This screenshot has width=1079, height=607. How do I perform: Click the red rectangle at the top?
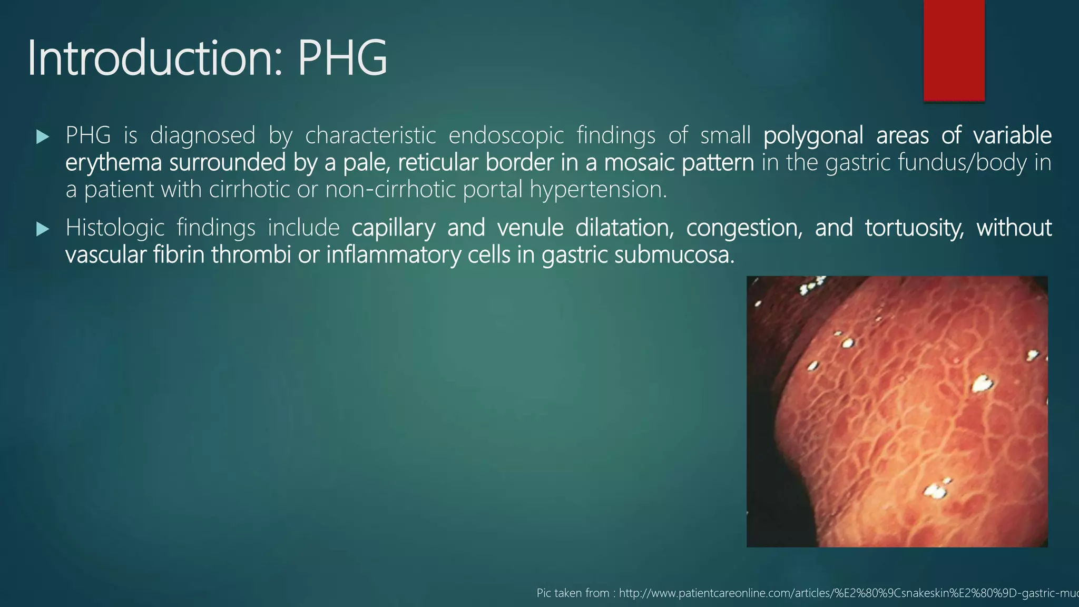point(954,51)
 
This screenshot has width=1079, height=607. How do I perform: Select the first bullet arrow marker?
point(43,138)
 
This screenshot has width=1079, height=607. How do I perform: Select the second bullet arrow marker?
point(43,229)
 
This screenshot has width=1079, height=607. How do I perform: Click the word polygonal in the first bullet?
point(813,136)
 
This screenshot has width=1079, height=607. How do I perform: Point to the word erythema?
point(113,163)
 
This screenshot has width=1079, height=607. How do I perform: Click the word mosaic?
point(640,163)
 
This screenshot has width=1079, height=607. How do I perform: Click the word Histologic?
point(115,228)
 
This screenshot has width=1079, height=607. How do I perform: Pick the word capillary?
point(393,228)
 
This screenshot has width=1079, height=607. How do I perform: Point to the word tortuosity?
point(914,228)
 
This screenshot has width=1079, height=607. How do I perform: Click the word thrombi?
point(251,255)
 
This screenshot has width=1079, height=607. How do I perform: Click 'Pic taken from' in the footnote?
point(573,593)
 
